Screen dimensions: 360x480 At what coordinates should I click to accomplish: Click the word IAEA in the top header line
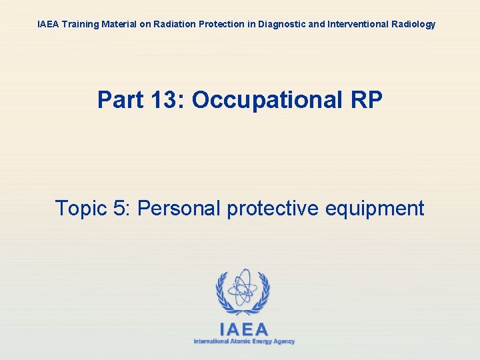pos(48,25)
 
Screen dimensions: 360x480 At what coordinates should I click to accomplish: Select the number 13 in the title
pos(167,101)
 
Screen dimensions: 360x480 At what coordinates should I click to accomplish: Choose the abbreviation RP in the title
pos(366,101)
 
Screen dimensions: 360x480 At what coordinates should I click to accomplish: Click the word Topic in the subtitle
pos(82,209)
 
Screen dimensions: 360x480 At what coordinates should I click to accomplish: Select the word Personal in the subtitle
pos(179,209)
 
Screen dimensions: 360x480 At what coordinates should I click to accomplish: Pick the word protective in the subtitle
pos(273,209)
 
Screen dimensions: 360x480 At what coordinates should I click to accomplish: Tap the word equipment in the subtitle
pos(375,209)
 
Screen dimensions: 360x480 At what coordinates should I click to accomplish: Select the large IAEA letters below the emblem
pos(243,329)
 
